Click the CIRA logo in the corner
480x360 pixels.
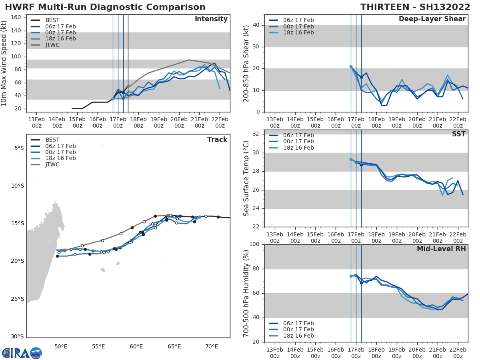point(22,353)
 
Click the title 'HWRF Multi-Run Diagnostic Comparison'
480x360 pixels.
point(105,7)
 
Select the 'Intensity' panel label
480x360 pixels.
point(211,19)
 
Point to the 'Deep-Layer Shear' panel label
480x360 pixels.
point(432,19)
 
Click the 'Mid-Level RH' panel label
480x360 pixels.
point(441,249)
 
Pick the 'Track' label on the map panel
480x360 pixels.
point(217,140)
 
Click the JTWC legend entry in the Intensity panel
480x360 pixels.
point(52,45)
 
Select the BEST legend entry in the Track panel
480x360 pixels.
point(52,140)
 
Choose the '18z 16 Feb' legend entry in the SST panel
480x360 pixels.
point(298,148)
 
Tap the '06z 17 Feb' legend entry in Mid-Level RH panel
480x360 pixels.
point(298,323)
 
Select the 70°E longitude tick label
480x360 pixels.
point(212,346)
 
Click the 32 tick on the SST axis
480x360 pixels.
point(257,134)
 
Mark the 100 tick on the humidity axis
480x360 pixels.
point(254,244)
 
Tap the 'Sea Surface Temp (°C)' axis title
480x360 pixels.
point(246,178)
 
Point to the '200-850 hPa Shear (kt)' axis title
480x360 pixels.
point(246,63)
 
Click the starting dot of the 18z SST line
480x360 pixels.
point(351,159)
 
